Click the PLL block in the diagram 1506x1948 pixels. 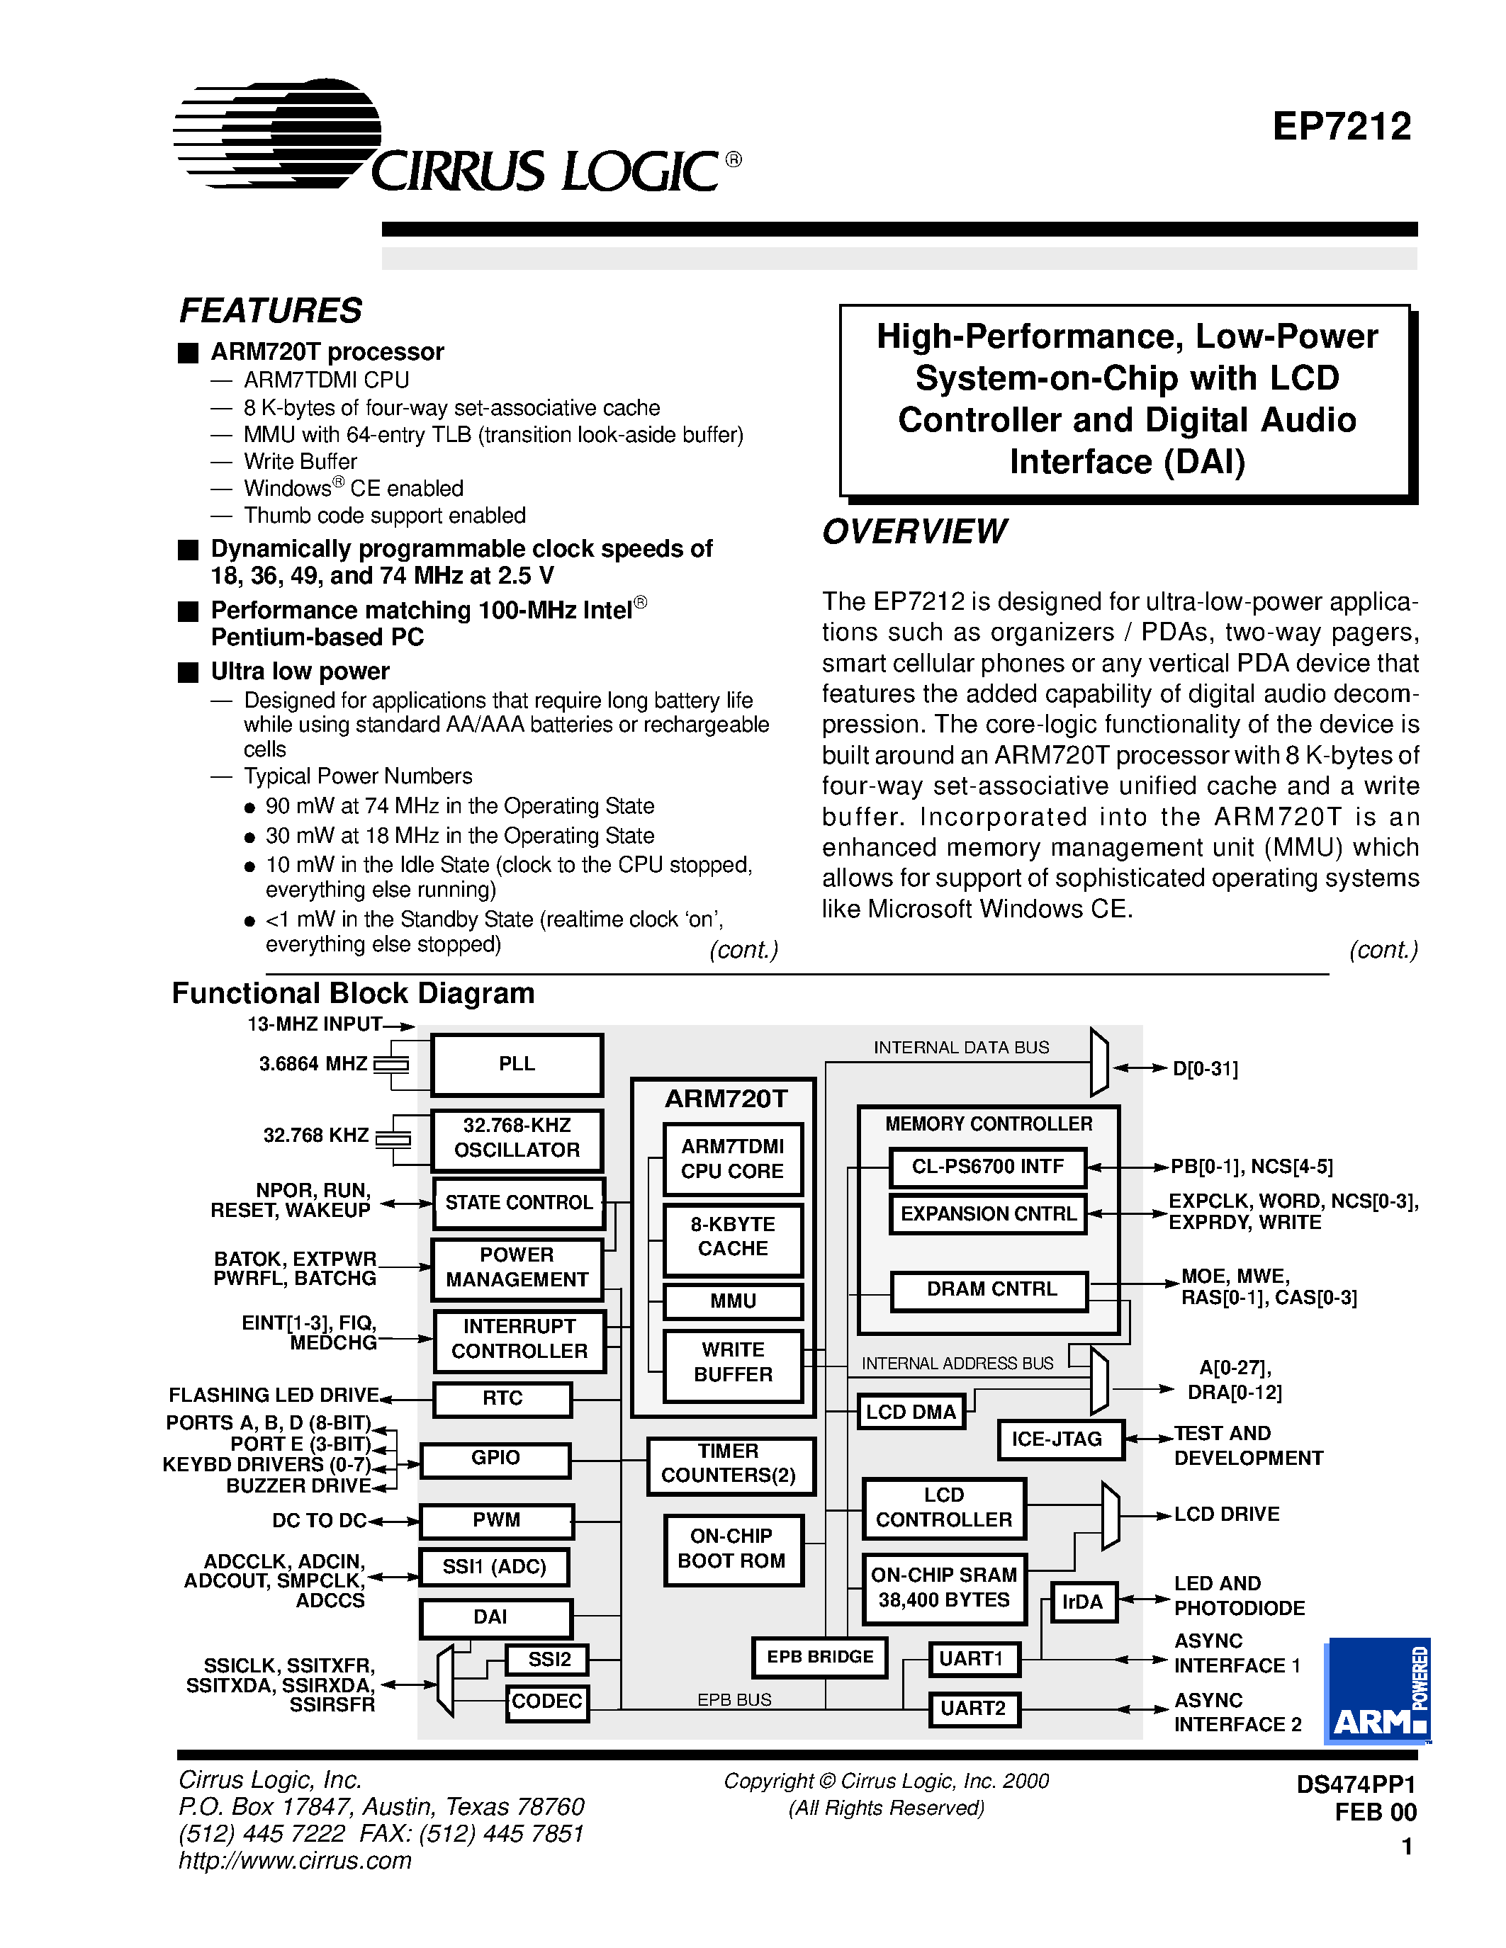(517, 1064)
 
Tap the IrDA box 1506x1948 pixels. (1081, 1602)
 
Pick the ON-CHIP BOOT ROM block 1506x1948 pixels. (733, 1548)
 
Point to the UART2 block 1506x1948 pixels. (973, 1709)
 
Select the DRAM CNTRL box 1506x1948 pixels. (989, 1290)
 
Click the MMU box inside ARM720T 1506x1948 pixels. (733, 1301)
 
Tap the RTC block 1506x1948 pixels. (502, 1398)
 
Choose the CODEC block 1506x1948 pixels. (547, 1701)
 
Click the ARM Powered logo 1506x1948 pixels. (1378, 1690)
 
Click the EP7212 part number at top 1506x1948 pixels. (1341, 128)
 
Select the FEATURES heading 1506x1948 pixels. (270, 310)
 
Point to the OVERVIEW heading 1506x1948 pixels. (914, 531)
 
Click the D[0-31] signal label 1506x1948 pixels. (1206, 1068)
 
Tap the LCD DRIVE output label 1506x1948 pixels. (1226, 1514)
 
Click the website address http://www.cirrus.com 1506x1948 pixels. (294, 1861)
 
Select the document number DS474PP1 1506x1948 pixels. (1355, 1784)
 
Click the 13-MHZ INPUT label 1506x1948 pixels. (314, 1025)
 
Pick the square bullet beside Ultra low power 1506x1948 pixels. (189, 672)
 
